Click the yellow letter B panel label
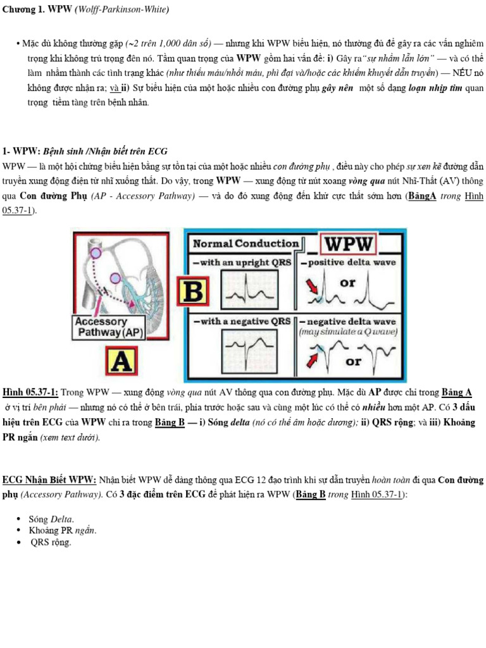pos(197,292)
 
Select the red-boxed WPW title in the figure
pos(349,243)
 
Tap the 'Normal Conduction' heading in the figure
pos(246,244)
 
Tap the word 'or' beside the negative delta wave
pos(353,361)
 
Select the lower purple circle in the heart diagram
pos(115,278)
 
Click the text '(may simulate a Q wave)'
pos(348,332)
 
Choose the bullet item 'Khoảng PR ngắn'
pos(63,530)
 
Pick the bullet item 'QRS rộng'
pos(51,542)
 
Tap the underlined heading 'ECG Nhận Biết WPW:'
pos(49,480)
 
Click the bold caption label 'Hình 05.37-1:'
pos(30,392)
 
